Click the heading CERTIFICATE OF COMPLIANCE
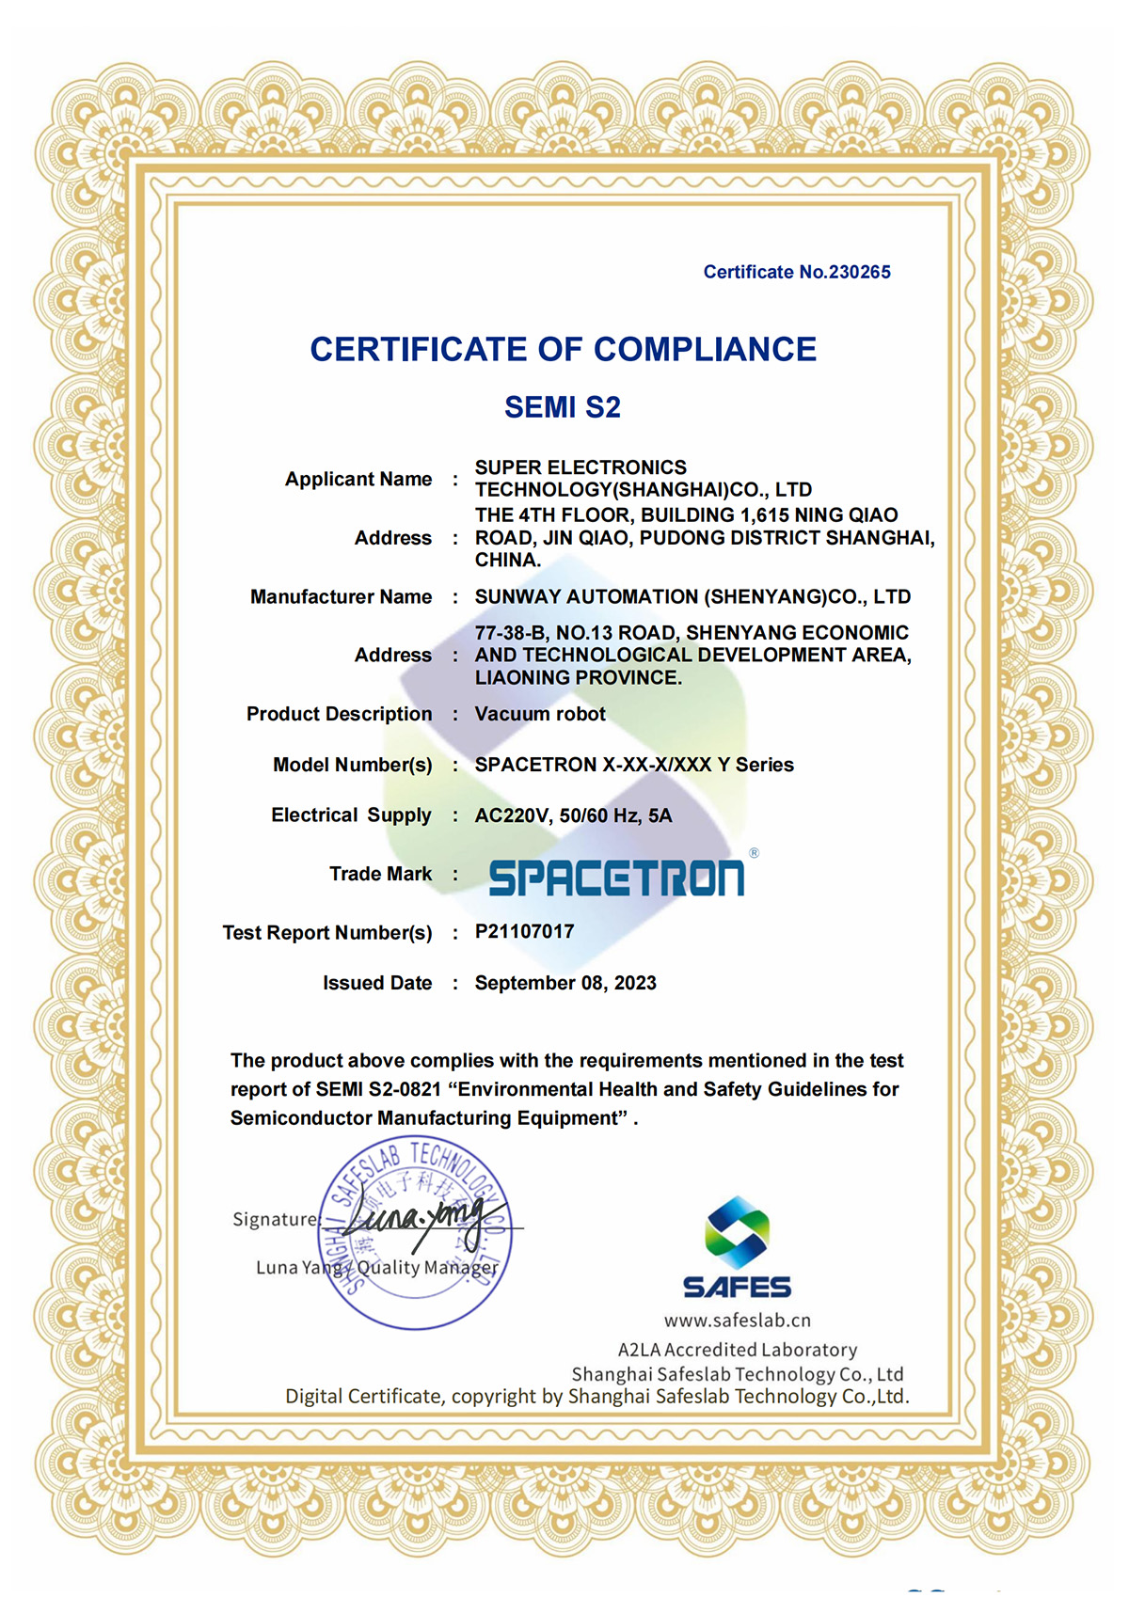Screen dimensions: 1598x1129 [x=563, y=349]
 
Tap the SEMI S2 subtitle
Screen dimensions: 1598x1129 [x=563, y=407]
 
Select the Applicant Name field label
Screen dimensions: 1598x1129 [x=358, y=479]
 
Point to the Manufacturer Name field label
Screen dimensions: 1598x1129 [x=341, y=596]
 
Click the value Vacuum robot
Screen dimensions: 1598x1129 [x=540, y=714]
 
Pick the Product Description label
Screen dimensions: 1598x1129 [x=339, y=714]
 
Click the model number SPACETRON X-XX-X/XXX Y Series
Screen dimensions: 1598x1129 [x=634, y=765]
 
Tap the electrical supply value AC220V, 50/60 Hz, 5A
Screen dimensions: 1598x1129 [x=573, y=815]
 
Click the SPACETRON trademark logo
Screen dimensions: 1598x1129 [x=616, y=878]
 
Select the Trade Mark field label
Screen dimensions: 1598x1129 [x=380, y=874]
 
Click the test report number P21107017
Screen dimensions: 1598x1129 [x=524, y=931]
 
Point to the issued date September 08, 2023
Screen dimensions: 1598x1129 [x=565, y=983]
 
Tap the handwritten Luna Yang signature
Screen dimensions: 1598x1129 [x=423, y=1220]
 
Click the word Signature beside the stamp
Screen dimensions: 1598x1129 [x=275, y=1219]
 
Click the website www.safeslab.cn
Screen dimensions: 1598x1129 [x=737, y=1321]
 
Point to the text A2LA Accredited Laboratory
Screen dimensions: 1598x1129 [x=737, y=1350]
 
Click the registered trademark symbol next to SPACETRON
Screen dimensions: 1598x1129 [x=754, y=853]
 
